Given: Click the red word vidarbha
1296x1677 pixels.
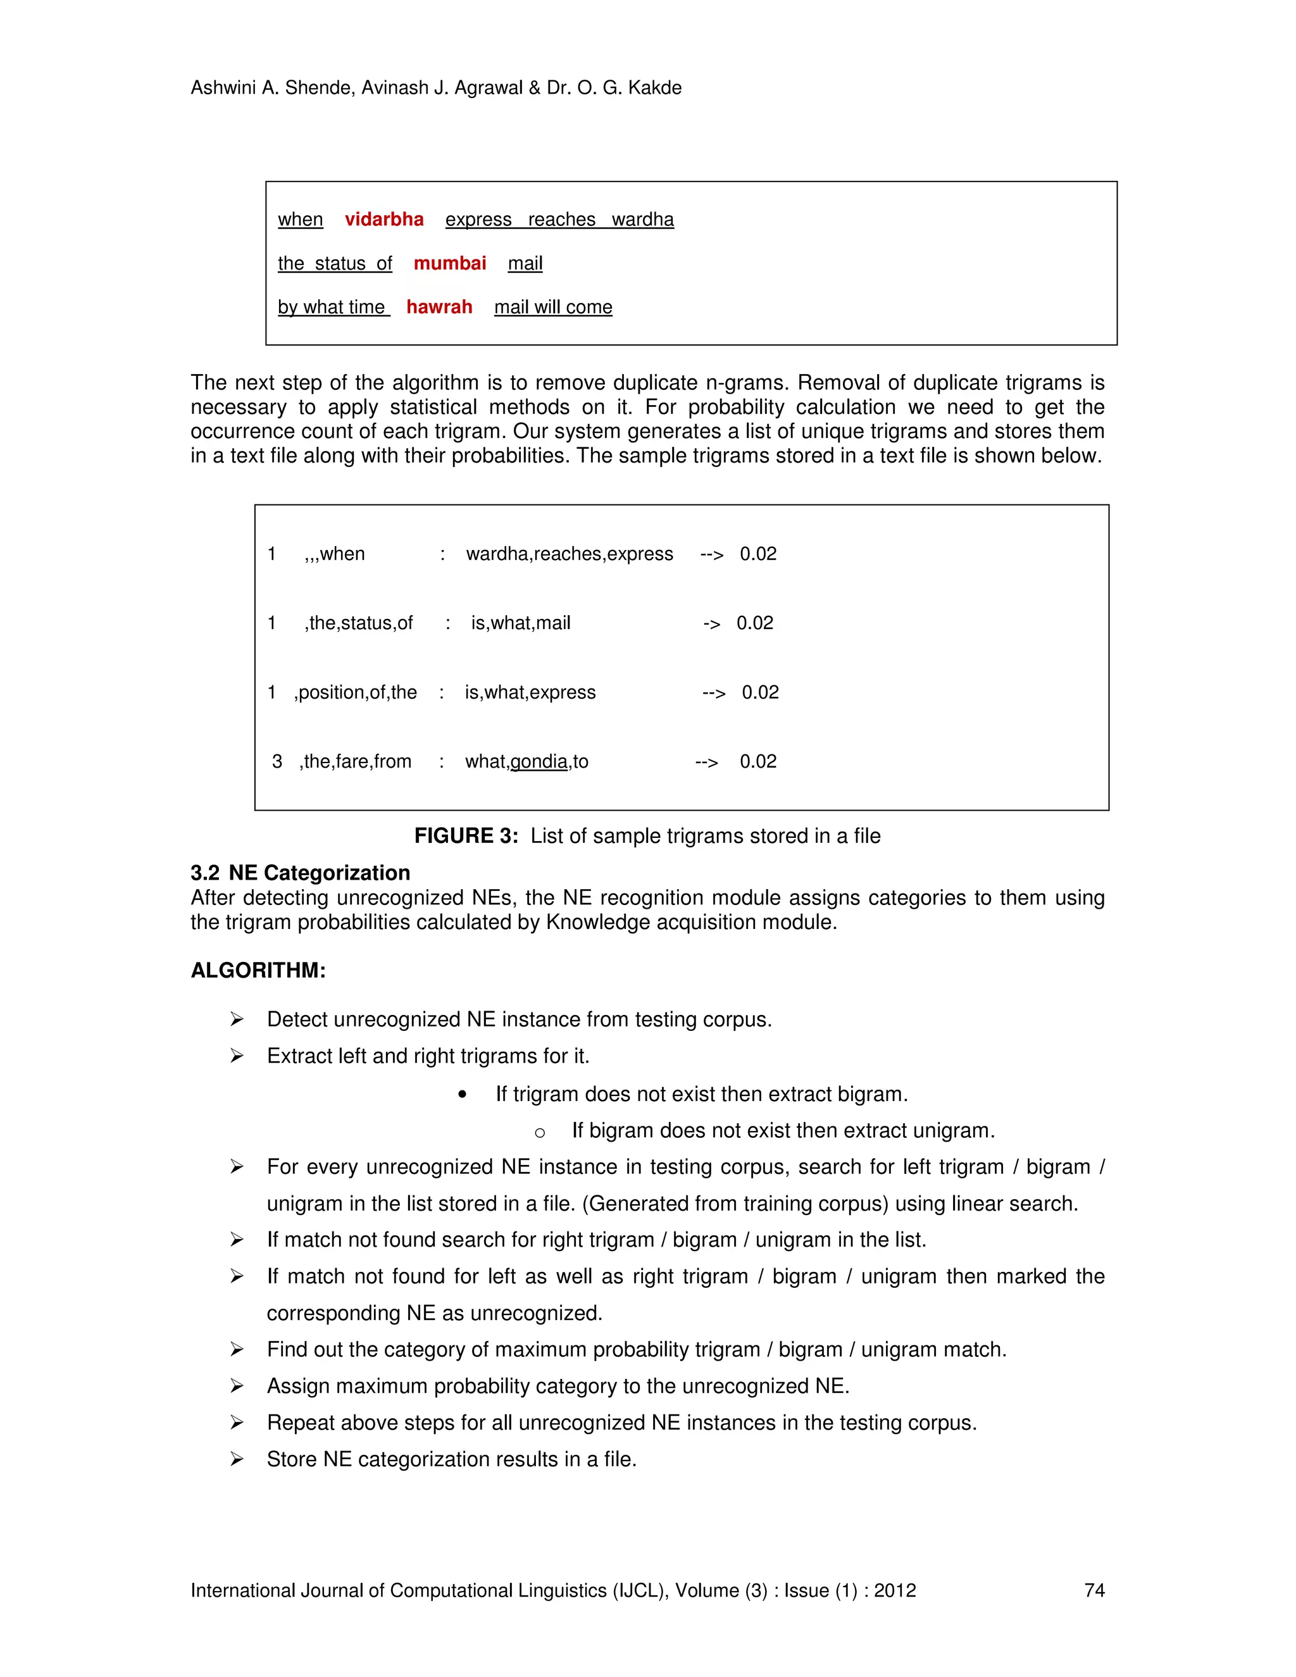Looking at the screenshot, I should click(384, 220).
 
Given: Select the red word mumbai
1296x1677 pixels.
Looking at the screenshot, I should click(450, 263).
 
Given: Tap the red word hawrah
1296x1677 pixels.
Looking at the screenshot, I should click(439, 307).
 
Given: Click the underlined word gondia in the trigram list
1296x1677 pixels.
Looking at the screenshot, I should click(539, 762).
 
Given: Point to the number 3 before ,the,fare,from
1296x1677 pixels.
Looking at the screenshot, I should click(277, 762).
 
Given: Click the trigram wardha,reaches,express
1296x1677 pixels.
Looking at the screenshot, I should click(569, 554).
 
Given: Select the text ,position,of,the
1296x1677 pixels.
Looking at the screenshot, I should click(356, 692).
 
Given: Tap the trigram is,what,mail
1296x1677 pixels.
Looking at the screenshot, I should click(521, 623).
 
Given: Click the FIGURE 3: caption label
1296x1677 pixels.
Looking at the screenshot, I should click(466, 836).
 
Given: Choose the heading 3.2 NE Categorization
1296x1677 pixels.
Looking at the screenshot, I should click(300, 873).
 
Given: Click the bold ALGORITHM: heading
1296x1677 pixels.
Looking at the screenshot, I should click(258, 971).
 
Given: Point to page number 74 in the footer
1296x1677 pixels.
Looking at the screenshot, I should click(1094, 1590).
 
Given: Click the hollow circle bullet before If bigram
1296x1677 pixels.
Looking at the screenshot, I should click(540, 1133).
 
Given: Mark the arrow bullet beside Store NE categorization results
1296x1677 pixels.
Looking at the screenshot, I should click(237, 1459).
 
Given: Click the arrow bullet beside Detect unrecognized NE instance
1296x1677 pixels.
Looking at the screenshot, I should click(237, 1019).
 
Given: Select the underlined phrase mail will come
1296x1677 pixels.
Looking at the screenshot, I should click(553, 307).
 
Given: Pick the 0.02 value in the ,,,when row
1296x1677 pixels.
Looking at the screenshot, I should click(757, 554).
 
